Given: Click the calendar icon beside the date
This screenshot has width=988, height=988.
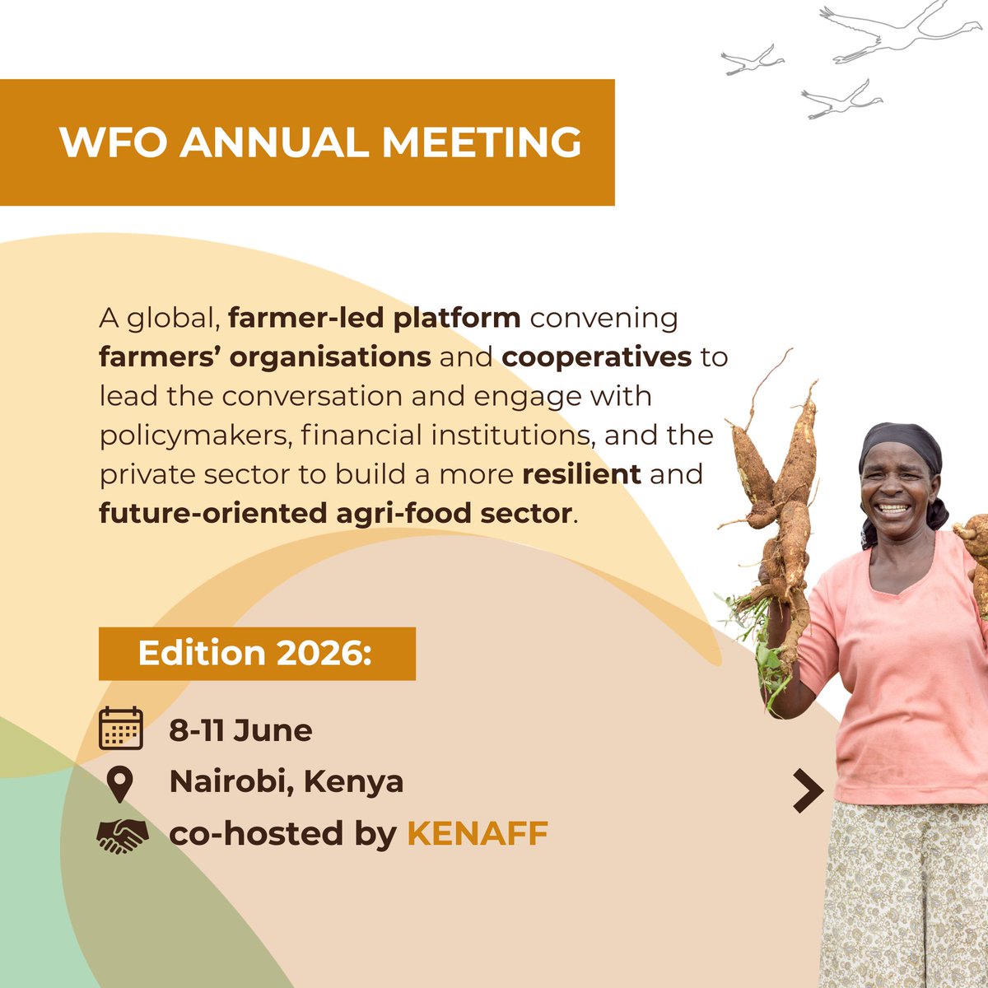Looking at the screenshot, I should [x=121, y=729].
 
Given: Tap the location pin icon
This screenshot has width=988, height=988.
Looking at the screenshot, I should [x=120, y=784].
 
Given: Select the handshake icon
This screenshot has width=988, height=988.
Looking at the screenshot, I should [x=122, y=835].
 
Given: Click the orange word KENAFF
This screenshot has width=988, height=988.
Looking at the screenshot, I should [x=478, y=834].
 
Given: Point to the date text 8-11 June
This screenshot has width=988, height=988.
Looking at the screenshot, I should [x=240, y=730].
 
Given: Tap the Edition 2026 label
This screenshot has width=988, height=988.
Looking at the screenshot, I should [x=256, y=654].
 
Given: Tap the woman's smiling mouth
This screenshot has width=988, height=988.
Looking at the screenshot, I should [x=893, y=508].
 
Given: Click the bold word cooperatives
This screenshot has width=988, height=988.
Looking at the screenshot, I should [x=596, y=357].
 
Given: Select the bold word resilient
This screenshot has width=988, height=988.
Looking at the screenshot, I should [x=581, y=474].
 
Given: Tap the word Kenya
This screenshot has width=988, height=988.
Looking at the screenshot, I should [x=354, y=781].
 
